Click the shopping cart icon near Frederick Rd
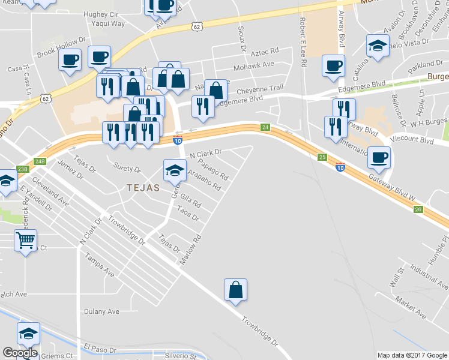coord(25,241)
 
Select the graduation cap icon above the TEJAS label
coord(175,170)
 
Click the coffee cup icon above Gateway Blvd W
coord(378,158)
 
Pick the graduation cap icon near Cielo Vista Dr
coord(378,46)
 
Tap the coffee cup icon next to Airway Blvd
coord(333,65)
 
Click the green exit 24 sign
coord(265,127)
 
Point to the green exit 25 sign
coord(322,157)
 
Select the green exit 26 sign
coord(418,209)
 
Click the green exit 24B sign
coord(40,161)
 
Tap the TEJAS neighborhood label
coord(143,188)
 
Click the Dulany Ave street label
coord(101,311)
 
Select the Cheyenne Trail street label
coord(259,88)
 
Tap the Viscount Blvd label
coord(420,139)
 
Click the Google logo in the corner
coord(20,353)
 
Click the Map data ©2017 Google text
coord(412,355)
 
